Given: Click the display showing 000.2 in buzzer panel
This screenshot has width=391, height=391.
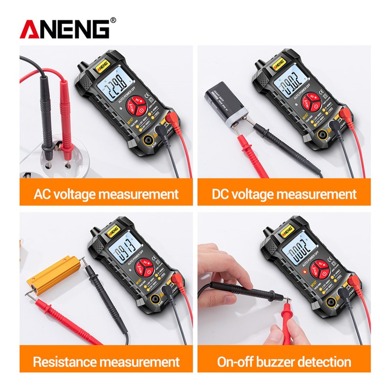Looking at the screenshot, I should (x=298, y=252).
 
